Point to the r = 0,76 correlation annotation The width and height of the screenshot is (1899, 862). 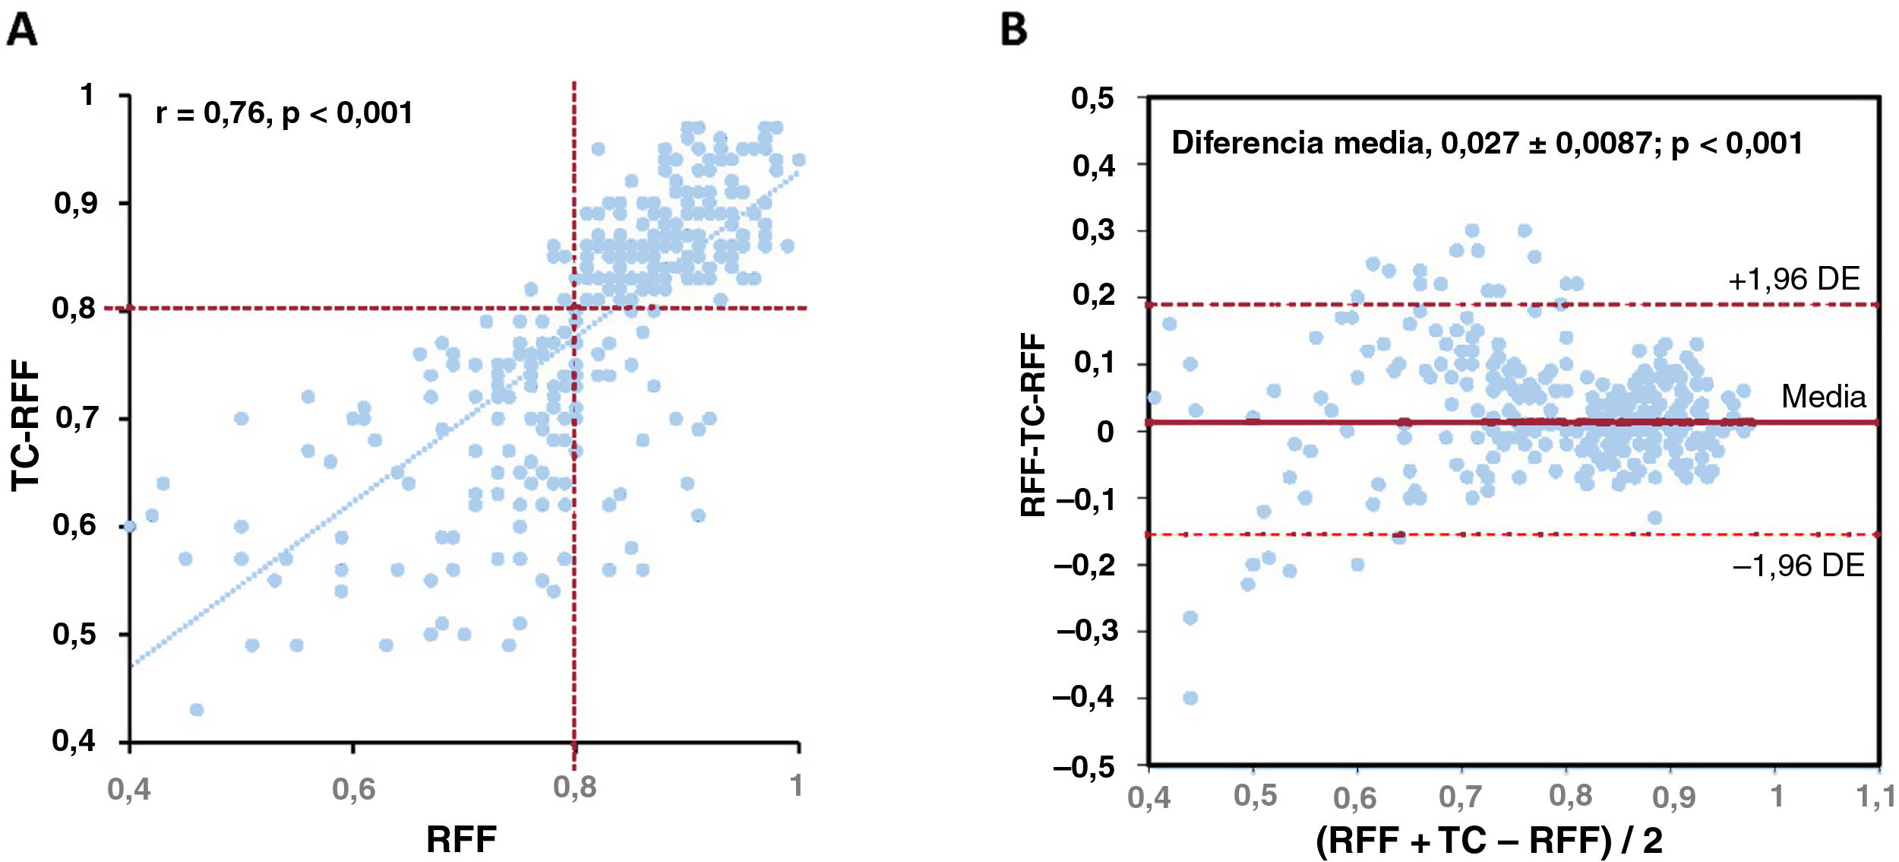tap(284, 113)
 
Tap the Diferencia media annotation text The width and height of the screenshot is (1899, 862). tap(1487, 143)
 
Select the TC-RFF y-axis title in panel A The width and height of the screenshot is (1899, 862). tap(26, 426)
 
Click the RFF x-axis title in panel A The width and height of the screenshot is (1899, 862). tap(461, 840)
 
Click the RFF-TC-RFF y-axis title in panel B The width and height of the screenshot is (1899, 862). tap(1033, 426)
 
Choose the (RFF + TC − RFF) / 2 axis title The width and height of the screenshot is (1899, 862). tap(1489, 840)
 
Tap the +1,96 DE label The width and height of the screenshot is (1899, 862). tap(1794, 280)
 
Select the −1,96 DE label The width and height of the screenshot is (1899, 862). tap(1798, 566)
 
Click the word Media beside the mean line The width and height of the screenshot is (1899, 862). tap(1823, 397)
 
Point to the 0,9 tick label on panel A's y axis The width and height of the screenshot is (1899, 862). tap(76, 203)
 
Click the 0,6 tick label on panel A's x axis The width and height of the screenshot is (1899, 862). tap(353, 790)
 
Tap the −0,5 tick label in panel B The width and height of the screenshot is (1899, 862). tap(1084, 766)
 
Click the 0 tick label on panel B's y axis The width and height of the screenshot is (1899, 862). tap(1105, 431)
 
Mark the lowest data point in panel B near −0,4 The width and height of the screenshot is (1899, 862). tap(1190, 698)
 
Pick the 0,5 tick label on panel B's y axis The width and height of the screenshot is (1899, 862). tap(1093, 98)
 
